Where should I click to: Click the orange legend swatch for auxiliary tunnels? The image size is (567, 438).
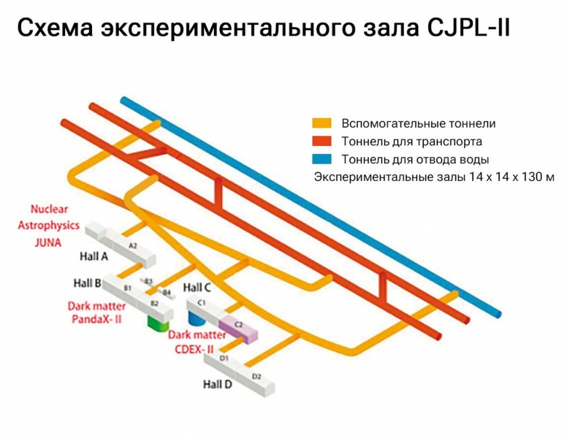click(x=322, y=123)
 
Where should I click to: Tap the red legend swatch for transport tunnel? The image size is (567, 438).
click(x=322, y=141)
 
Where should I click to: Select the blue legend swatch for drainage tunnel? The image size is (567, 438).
click(x=322, y=158)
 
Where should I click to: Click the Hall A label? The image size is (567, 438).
click(x=94, y=256)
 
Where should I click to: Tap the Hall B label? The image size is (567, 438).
click(x=88, y=283)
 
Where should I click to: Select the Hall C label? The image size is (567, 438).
click(x=197, y=287)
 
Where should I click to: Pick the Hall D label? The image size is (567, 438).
click(x=217, y=384)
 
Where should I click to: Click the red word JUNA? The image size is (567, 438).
click(x=48, y=243)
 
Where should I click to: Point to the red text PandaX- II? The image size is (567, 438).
click(x=96, y=319)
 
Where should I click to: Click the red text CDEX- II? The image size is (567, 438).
click(x=194, y=348)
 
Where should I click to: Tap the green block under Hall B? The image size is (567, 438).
click(x=159, y=322)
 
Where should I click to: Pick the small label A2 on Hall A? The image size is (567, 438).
click(x=132, y=246)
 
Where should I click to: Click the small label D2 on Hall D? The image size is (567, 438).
click(x=256, y=376)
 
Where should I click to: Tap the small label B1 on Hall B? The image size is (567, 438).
click(x=128, y=289)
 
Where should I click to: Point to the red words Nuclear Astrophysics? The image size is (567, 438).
click(x=48, y=218)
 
